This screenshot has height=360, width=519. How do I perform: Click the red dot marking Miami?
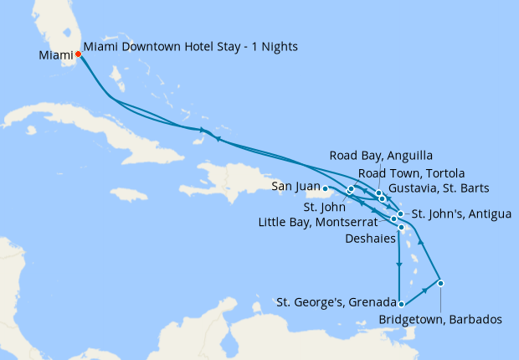78,54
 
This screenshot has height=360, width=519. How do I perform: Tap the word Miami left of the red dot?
55,56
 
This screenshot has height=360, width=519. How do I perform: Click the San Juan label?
293,188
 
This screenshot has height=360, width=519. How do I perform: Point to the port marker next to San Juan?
326,188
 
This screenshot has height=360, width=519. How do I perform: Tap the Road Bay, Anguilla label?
369,155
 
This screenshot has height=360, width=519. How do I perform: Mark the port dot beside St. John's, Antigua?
400,214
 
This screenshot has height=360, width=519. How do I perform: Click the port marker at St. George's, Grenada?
401,304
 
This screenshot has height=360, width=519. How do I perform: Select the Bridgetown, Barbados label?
440,320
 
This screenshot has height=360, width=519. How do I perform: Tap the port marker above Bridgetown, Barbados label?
440,282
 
